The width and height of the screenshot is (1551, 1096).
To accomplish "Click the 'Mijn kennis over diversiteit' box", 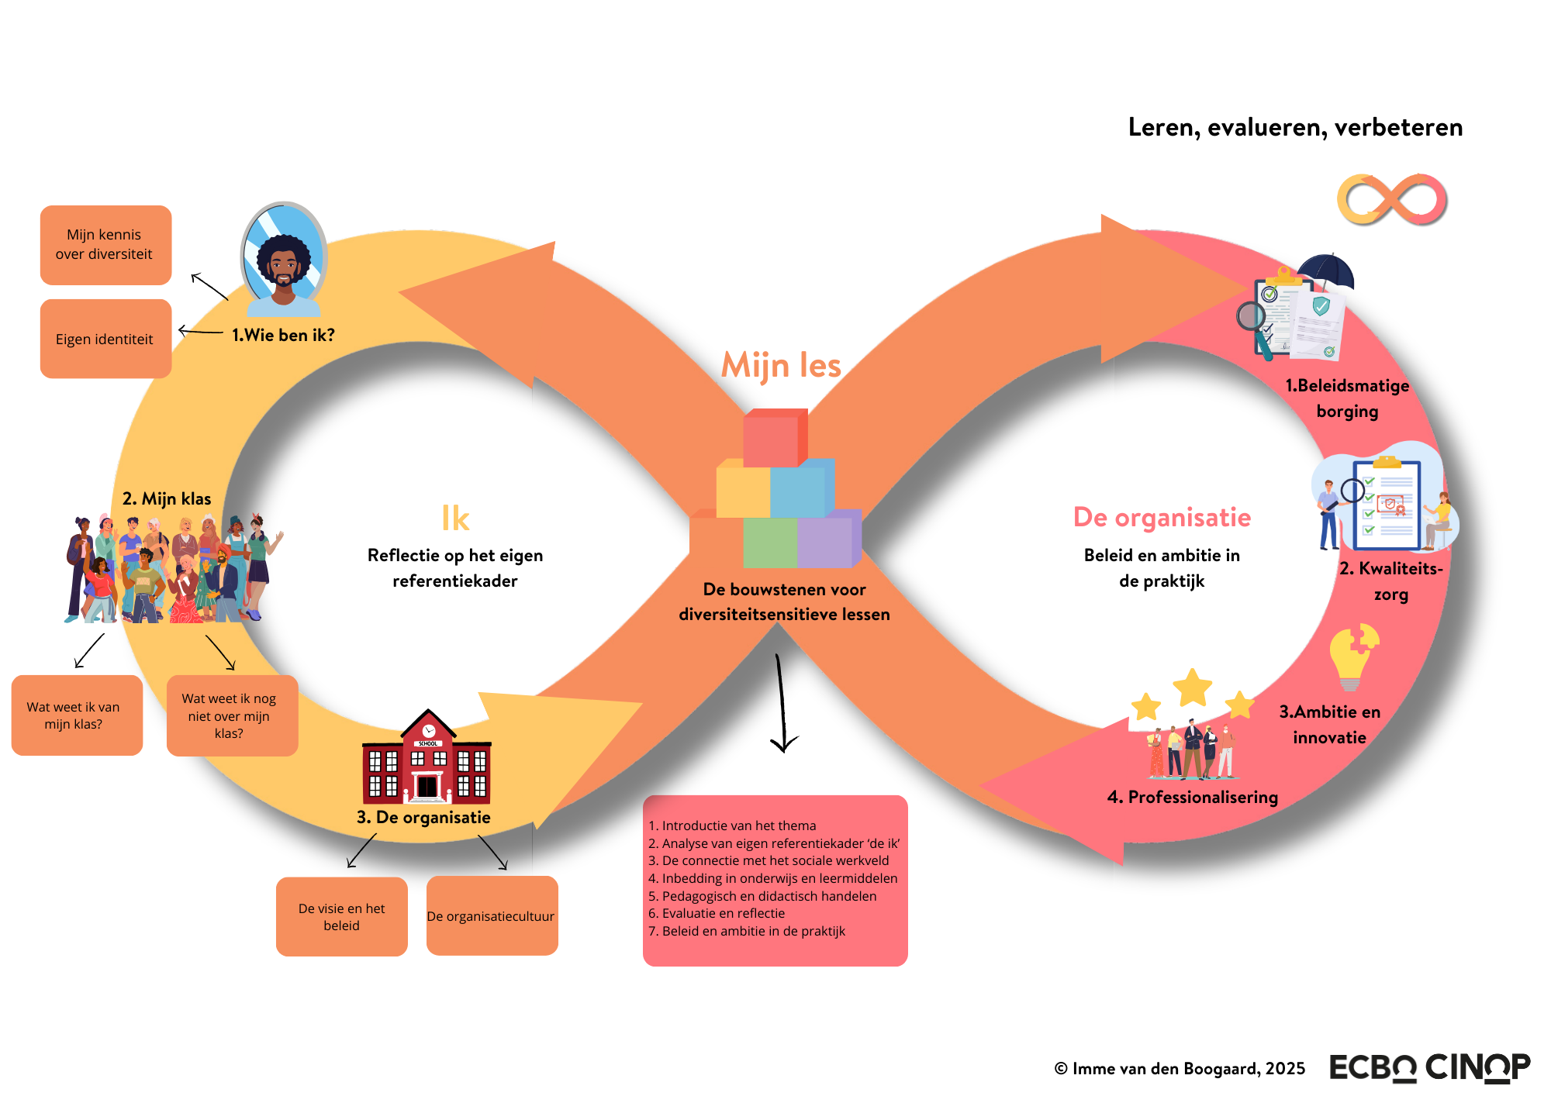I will point(105,245).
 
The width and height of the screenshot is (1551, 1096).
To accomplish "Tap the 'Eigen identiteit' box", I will point(105,339).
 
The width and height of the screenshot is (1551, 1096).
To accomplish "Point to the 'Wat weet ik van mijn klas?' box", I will point(77,715).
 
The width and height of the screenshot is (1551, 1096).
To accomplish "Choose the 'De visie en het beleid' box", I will point(341,917).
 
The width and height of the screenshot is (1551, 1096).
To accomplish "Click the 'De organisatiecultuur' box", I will point(492,916).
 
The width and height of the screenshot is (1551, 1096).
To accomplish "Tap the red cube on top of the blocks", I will point(773,439).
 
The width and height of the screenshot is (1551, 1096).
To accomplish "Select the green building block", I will point(769,543).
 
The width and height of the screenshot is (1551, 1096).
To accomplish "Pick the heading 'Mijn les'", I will point(781,365).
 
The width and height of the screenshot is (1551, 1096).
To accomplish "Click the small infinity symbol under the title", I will point(1392,200).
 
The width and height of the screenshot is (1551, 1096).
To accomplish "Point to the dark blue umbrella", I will point(1326,273).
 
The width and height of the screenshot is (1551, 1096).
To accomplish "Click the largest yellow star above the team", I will point(1192,687).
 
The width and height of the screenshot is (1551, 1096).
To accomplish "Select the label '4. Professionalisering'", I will point(1192,797).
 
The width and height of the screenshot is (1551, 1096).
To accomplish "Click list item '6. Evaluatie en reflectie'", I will point(717,913).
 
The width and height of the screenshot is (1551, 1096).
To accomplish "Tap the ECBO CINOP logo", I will point(1429,1067).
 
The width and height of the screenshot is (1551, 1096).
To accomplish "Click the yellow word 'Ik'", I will point(455,519).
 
